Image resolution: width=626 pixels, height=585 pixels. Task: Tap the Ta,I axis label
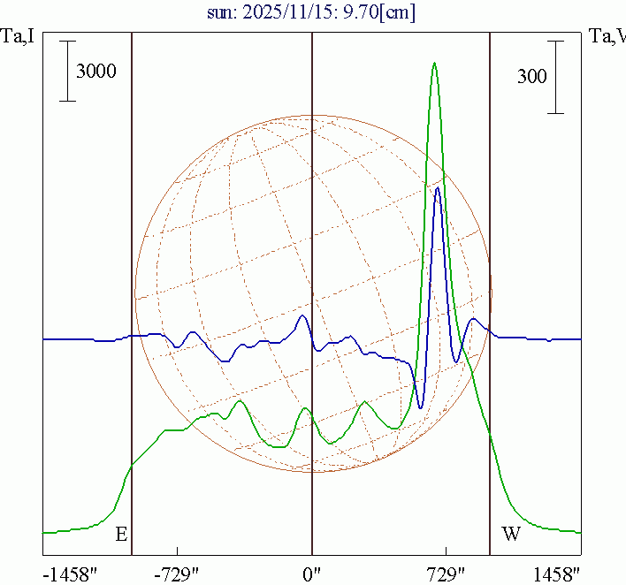coord(17,36)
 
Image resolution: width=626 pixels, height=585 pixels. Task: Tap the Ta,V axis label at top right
coord(607,36)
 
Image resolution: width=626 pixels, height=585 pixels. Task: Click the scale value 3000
coord(96,72)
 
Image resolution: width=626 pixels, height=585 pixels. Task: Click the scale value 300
coord(532,77)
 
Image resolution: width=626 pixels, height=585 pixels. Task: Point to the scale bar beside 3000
coord(67,71)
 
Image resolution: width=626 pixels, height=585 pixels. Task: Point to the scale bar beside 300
coord(555,76)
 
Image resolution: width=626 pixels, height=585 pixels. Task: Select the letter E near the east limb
coord(121,534)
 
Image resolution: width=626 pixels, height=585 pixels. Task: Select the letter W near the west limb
coord(511,534)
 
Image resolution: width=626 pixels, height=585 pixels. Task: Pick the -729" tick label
coord(177,574)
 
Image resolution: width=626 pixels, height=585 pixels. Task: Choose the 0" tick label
coord(311,574)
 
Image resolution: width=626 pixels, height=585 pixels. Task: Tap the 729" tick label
coord(447,574)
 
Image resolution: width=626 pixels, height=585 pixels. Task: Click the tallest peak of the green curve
coord(434,63)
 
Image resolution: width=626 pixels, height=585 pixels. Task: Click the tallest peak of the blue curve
coord(437,187)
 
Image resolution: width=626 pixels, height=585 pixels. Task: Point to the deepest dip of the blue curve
coord(420,407)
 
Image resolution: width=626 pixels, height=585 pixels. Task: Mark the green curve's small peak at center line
coord(305,407)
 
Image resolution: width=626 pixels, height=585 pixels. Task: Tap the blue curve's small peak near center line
coord(303,315)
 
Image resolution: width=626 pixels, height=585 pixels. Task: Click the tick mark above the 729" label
coord(447,551)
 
